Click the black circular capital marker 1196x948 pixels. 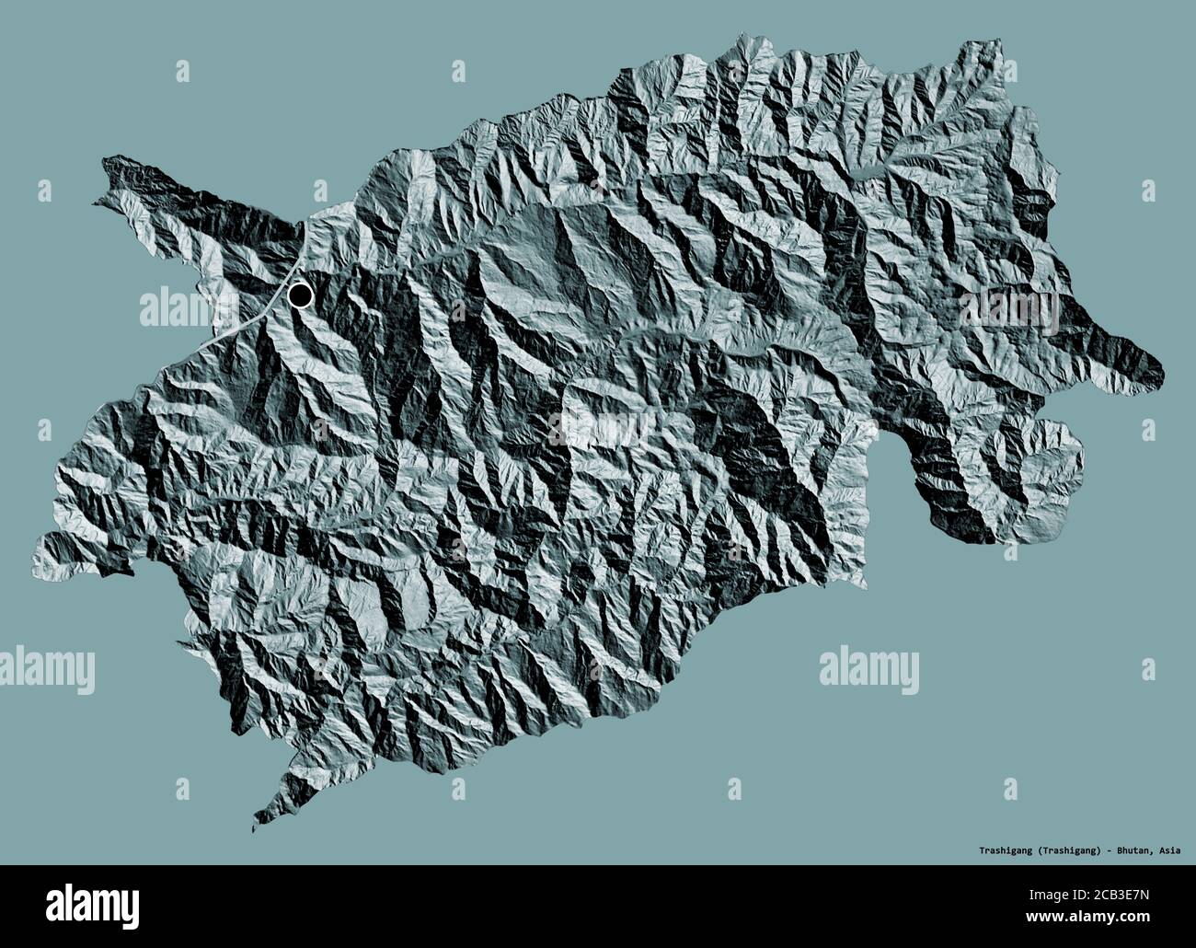[x=300, y=295]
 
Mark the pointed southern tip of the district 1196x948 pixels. [x=254, y=827]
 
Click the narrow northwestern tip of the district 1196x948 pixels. [x=105, y=164]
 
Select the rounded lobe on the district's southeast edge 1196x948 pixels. [x=1049, y=451]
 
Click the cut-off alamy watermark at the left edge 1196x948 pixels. [x=46, y=664]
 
